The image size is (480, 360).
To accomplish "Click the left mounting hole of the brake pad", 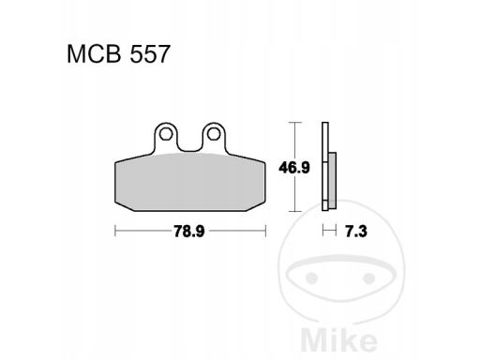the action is coord(165,134).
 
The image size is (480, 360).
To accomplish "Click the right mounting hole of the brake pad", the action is coord(214,134).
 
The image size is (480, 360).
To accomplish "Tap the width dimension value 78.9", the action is coord(189,232).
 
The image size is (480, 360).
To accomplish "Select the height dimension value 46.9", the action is coord(294,168).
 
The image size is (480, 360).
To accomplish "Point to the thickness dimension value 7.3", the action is coord(356,232).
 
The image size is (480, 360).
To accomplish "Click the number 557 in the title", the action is coord(150,54).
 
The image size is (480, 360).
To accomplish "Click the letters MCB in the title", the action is coord(94,54).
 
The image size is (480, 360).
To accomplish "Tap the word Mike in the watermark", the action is coord(338,339).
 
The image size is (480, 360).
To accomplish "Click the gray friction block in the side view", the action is coord(333,181).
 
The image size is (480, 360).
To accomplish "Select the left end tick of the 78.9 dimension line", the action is coord(115,231).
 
